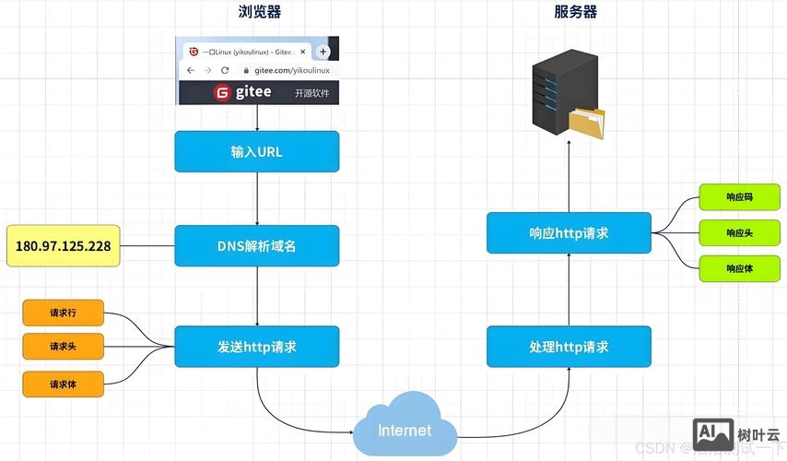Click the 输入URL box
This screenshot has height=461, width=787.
coord(256,151)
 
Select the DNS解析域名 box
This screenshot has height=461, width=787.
coord(256,247)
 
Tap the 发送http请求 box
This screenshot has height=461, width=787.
coord(256,348)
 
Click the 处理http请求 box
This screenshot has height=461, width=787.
coord(569,348)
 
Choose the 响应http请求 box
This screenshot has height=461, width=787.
coord(569,233)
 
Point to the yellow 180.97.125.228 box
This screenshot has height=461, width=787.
coord(63,246)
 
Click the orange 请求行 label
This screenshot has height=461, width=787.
coord(64,313)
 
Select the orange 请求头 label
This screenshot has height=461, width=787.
coord(64,348)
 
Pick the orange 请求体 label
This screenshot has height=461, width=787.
coord(64,383)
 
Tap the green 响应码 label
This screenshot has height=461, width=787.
coord(739,196)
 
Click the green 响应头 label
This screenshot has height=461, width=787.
coord(739,232)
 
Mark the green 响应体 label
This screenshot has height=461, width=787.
coord(739,268)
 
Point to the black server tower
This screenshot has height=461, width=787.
coord(558,90)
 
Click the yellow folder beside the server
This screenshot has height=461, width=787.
coord(587,123)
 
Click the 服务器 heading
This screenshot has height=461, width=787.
coord(575,12)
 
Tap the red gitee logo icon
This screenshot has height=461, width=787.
coord(222,93)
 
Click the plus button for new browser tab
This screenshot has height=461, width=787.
coord(323,52)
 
